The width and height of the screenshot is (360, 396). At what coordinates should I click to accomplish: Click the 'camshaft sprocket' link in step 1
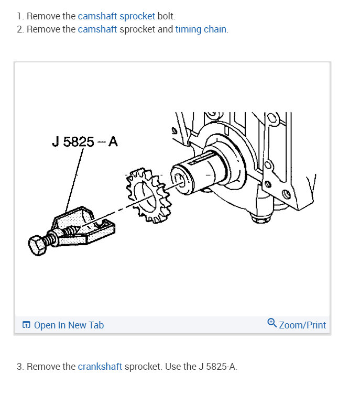[x=116, y=16]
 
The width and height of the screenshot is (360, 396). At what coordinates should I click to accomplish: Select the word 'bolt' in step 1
[x=166, y=16]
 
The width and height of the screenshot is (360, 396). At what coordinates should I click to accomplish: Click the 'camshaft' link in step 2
[x=97, y=29]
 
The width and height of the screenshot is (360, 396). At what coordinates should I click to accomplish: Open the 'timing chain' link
[x=201, y=29]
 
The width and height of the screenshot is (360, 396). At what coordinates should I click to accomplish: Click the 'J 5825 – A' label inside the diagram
[x=85, y=142]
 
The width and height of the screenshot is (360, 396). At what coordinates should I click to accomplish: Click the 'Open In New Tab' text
[x=69, y=325]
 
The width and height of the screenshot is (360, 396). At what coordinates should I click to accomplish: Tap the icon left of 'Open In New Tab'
[x=27, y=325]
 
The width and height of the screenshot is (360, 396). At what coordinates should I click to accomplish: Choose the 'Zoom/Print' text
[x=302, y=325]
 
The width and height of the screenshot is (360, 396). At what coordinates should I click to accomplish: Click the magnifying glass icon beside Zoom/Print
[x=271, y=323]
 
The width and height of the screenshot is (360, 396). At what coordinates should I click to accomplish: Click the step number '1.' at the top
[x=20, y=16]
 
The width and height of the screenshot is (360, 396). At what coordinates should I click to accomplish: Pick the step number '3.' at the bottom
[x=20, y=367]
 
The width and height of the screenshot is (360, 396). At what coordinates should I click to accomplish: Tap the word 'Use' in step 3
[x=173, y=367]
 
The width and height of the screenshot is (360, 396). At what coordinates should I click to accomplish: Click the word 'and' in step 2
[x=165, y=29]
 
